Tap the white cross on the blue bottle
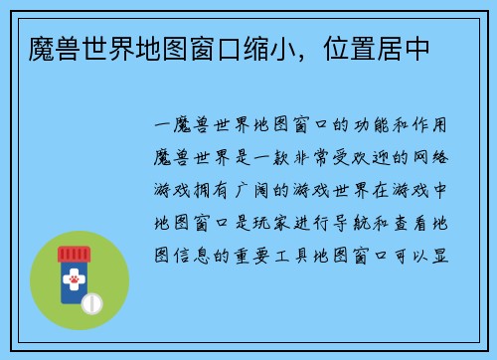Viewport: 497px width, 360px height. pyautogui.click(x=72, y=281)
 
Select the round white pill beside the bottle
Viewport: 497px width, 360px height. pyautogui.click(x=92, y=301)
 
